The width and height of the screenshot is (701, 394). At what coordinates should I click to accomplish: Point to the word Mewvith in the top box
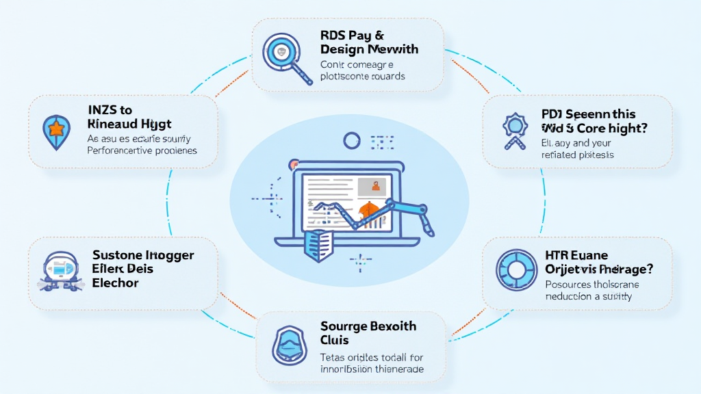point(393,49)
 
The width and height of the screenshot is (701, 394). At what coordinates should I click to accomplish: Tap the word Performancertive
point(124,150)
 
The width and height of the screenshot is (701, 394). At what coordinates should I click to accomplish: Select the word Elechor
point(115,283)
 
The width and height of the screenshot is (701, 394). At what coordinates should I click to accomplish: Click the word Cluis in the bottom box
point(334,340)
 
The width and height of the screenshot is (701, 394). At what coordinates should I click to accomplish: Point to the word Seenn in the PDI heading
point(583,114)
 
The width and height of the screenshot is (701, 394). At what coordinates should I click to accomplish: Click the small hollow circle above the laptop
point(352,141)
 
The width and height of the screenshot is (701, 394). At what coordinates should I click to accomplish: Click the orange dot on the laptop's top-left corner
point(294,164)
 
